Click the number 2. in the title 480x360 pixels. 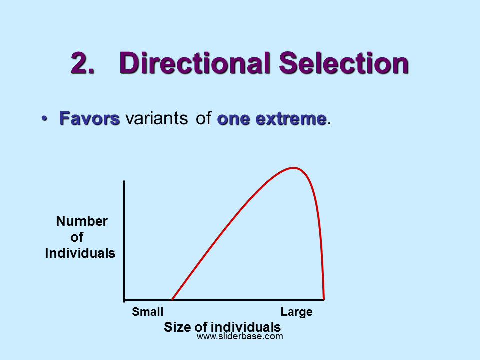point(82,63)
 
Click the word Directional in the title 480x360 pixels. point(195,63)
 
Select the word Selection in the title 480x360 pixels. point(344,63)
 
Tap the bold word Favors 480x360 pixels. point(90,119)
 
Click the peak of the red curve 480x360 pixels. point(293,168)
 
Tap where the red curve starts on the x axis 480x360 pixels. point(172,300)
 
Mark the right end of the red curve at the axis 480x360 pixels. point(324,299)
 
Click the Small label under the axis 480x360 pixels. point(148,312)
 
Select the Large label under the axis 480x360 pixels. point(296,312)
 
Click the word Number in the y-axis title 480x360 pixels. point(82,221)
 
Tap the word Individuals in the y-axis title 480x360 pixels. point(80,253)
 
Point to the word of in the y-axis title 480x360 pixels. point(77,237)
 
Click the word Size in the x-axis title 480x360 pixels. point(176,327)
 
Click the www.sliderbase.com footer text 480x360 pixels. point(240,337)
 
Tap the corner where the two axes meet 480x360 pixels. point(124,300)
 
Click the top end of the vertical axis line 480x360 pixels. point(124,181)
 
